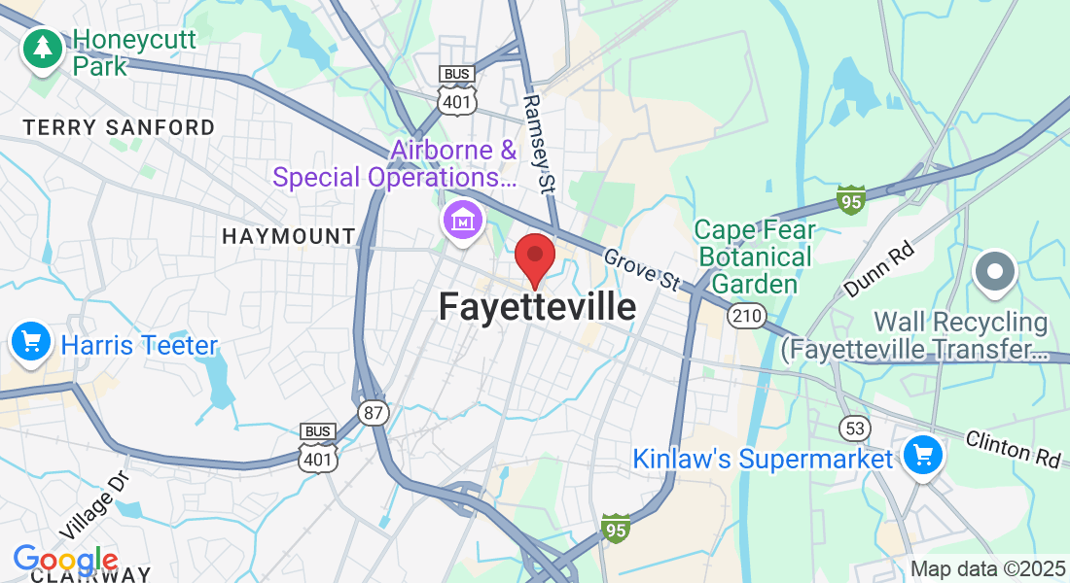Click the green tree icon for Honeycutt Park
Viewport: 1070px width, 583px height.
pyautogui.click(x=42, y=47)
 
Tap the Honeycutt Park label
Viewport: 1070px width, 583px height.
pyautogui.click(x=134, y=52)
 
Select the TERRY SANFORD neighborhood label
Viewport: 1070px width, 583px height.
pyautogui.click(x=119, y=127)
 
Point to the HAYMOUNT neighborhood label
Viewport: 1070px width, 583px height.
pyautogui.click(x=288, y=236)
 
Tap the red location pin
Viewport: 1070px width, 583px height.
pyautogui.click(x=534, y=258)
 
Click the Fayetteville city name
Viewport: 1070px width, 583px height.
pyautogui.click(x=537, y=307)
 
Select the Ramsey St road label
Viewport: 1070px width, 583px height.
pyautogui.click(x=539, y=142)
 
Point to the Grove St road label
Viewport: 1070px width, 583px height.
pyautogui.click(x=641, y=269)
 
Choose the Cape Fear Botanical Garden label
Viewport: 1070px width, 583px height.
pyautogui.click(x=754, y=257)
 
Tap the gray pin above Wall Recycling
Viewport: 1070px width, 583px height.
pyautogui.click(x=995, y=272)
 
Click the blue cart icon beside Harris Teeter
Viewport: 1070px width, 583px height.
pyautogui.click(x=31, y=342)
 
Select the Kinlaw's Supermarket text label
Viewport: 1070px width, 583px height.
pyautogui.click(x=763, y=459)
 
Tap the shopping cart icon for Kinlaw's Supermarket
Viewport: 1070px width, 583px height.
pyautogui.click(x=921, y=455)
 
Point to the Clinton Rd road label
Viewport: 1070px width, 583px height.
pyautogui.click(x=1013, y=450)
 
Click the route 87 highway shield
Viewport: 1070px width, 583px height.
pyautogui.click(x=373, y=413)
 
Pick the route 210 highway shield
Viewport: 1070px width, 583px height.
pyautogui.click(x=747, y=316)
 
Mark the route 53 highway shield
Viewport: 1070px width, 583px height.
pyautogui.click(x=854, y=428)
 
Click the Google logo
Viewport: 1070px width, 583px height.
pyautogui.click(x=65, y=561)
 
